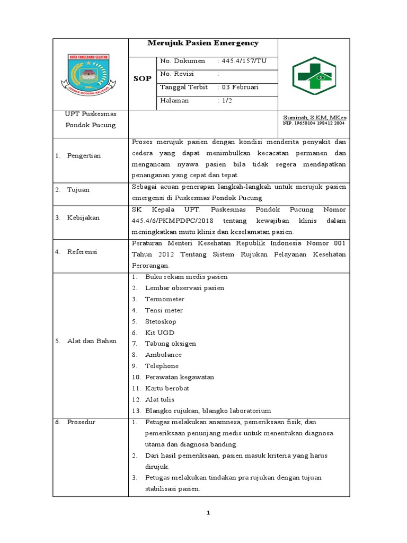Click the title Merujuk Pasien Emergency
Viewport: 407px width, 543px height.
203,43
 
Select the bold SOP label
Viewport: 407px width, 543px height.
143,78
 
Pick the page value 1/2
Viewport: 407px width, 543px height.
229,100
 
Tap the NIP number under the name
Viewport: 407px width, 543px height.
314,123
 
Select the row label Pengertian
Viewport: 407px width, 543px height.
84,155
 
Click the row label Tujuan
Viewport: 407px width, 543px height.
78,189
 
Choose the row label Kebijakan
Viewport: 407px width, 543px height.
83,218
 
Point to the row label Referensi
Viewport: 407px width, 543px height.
82,252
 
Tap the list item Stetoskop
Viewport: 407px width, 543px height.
161,321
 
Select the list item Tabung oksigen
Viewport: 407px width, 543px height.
170,344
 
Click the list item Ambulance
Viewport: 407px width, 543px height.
163,355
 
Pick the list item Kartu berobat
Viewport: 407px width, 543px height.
167,388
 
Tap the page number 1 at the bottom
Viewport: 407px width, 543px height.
208,513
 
